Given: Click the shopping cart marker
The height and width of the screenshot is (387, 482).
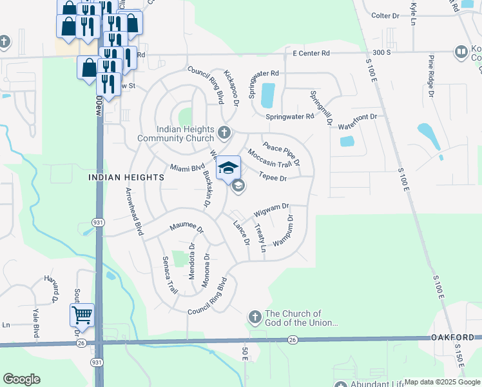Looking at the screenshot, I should (x=82, y=315).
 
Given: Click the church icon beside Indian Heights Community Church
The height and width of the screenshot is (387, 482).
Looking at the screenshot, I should (x=224, y=133).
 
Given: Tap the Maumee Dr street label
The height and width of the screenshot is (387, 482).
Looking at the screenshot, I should (x=186, y=228).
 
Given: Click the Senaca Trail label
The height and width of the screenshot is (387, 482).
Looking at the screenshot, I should (x=169, y=275).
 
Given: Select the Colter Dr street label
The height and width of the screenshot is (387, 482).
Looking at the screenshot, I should (x=386, y=15).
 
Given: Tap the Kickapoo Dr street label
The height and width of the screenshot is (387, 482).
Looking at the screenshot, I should (x=231, y=83).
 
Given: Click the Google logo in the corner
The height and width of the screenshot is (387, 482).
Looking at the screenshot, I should (x=22, y=379).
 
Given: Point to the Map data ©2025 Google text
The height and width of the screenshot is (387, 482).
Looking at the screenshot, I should (x=442, y=382).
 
